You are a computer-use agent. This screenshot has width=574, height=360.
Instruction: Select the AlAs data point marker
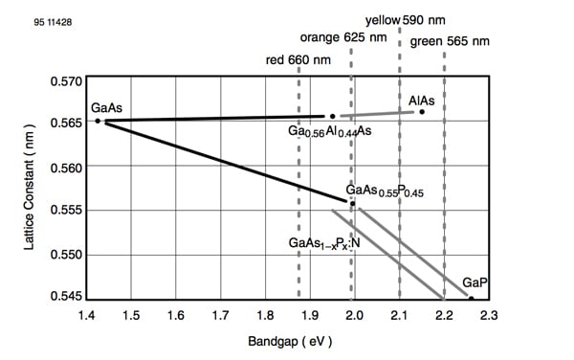(422, 112)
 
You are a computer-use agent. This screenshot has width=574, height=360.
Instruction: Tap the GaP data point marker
(472, 299)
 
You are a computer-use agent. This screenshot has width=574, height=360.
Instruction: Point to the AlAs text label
(423, 99)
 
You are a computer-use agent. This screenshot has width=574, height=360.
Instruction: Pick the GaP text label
(475, 284)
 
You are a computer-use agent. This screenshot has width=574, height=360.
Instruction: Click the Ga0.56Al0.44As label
(329, 131)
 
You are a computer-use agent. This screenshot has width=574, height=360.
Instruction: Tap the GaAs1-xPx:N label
(323, 243)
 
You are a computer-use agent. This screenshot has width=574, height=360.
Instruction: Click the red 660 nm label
(301, 61)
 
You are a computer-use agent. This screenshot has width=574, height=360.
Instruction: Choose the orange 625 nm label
(343, 38)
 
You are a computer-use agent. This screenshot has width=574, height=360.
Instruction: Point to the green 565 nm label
(450, 41)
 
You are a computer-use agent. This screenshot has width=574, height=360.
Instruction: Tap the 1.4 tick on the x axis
(86, 314)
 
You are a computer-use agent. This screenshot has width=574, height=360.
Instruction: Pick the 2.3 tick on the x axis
(490, 314)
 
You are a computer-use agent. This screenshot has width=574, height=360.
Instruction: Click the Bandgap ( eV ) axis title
(288, 342)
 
